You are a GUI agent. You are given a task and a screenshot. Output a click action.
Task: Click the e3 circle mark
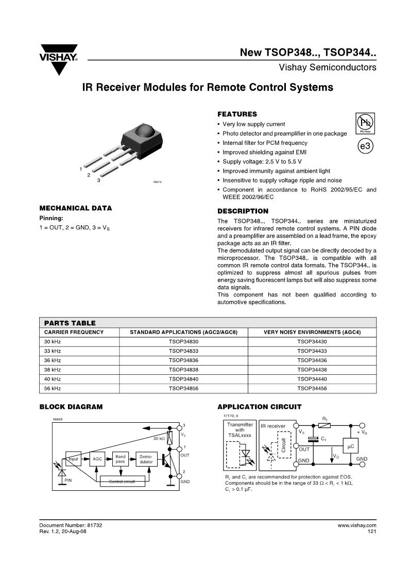(x=365, y=146)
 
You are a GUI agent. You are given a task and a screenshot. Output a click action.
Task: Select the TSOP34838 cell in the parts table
(x=183, y=370)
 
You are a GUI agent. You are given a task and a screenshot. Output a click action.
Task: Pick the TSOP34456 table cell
(x=312, y=388)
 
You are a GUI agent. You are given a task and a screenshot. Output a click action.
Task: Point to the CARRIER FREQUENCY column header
(x=74, y=332)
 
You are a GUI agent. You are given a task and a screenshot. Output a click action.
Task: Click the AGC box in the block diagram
(x=97, y=458)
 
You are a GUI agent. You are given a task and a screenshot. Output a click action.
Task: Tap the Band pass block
(x=120, y=458)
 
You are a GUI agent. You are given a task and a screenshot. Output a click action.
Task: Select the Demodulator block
(x=146, y=458)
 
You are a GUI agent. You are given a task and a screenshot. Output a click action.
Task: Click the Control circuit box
(x=122, y=482)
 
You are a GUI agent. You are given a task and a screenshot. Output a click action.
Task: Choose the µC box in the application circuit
(x=350, y=445)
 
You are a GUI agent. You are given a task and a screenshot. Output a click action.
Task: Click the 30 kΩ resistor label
(x=159, y=438)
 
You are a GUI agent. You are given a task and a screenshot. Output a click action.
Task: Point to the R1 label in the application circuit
(x=325, y=418)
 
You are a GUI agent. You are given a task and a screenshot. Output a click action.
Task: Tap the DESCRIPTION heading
(x=243, y=211)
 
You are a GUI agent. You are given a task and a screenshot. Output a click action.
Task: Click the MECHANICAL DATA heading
(x=76, y=208)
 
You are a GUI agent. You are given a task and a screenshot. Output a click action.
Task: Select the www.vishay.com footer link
(x=357, y=525)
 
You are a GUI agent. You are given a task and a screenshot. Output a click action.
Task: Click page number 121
(x=372, y=532)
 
